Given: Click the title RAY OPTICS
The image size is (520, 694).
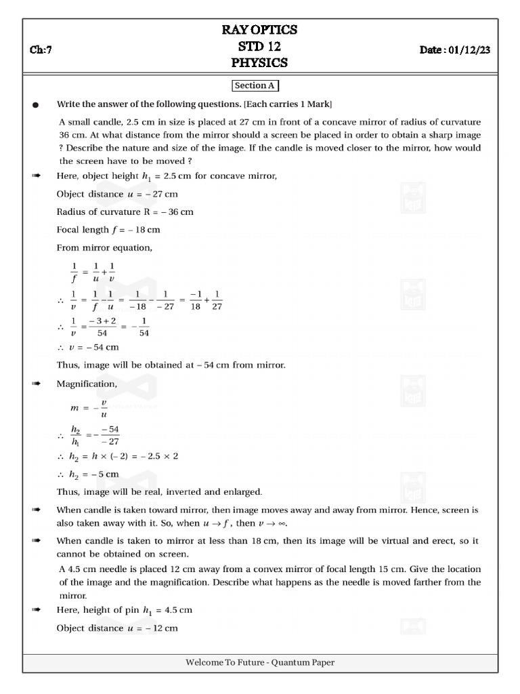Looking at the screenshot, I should point(260,30).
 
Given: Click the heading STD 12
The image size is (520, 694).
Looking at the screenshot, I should point(260,46).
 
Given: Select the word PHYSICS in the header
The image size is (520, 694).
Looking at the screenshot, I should point(260,62).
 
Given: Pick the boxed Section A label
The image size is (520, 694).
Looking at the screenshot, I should point(255,86).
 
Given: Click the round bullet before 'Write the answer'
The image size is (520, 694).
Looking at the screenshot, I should point(36,105).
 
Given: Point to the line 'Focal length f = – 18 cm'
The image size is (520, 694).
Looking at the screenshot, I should point(108,230).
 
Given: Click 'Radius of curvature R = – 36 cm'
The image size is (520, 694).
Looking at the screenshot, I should point(125,212).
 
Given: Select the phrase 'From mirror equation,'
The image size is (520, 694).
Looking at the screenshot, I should point(104,248).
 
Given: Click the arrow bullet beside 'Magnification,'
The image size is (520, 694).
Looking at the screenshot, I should point(36,384).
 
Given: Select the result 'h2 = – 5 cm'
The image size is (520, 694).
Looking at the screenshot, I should point(94,474).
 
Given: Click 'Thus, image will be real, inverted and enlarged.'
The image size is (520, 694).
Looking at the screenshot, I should point(159,491).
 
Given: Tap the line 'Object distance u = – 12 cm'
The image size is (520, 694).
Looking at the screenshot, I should point(117,628).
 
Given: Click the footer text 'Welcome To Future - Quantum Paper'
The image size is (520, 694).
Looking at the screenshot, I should point(260,663).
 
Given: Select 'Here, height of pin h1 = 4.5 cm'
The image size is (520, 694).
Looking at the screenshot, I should point(125,610).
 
